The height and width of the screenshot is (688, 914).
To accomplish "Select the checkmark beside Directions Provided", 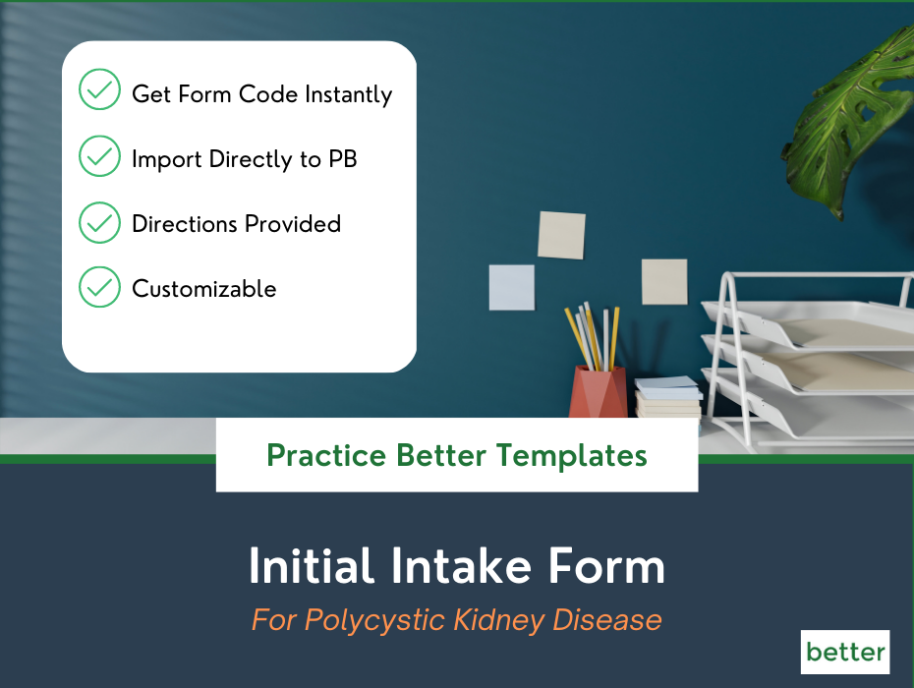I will point(99,223).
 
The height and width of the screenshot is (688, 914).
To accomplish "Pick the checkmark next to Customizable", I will point(99,288).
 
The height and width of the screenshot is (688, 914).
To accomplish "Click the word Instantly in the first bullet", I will point(348,94).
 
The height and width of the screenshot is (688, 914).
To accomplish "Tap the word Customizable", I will point(204,289).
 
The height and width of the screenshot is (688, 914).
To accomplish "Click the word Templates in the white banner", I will point(572,456).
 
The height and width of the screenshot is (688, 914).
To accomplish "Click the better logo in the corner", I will point(845,652).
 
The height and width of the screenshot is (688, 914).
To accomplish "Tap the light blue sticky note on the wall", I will point(512,287).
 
